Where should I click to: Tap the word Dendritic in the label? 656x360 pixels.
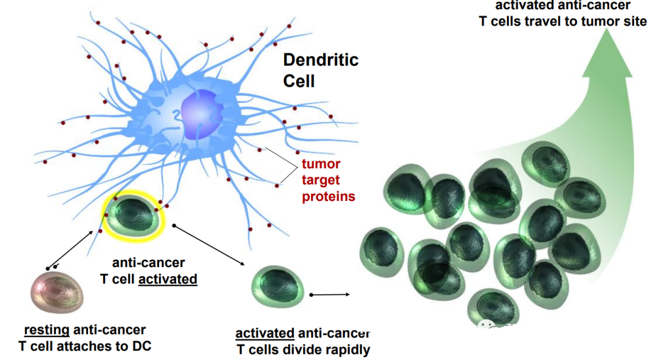tap(321, 60)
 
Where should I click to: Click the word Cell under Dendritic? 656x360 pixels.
tap(299, 80)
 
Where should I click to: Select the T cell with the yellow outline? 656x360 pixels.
tap(134, 215)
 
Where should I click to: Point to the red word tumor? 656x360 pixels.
tap(321, 165)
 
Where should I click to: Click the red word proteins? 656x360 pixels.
tap(329, 196)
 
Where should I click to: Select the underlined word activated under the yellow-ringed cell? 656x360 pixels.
tap(168, 279)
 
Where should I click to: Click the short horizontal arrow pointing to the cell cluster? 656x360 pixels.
tap(329, 294)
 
